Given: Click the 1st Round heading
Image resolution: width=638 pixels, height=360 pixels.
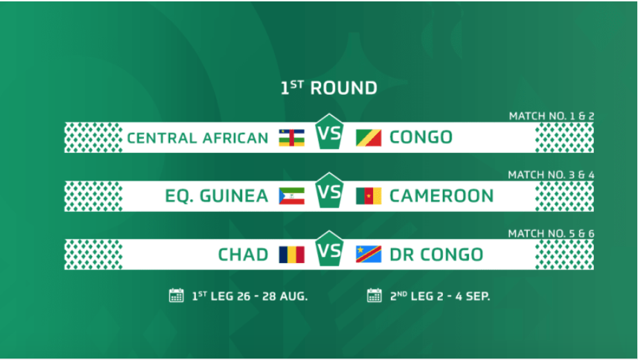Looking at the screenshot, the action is pos(329,88).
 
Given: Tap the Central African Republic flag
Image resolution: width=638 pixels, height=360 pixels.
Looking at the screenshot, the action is pos(292,138).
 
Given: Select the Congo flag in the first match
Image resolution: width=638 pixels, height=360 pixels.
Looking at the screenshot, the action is pos(369,138).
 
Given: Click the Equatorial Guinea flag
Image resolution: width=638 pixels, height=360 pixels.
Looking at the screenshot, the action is pos(292,196).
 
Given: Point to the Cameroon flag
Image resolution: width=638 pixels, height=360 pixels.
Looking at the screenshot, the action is pos(369,196).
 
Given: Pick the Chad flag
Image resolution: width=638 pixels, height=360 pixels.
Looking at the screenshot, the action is pos(292,255).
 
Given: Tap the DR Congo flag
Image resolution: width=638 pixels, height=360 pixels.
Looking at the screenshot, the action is pos(369,255).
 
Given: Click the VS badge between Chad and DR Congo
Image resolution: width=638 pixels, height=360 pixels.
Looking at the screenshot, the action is pos(329,249).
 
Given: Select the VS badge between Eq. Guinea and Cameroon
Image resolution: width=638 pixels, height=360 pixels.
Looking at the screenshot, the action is pos(329,190).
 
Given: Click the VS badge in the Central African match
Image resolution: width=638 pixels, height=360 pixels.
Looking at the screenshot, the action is pos(329,132).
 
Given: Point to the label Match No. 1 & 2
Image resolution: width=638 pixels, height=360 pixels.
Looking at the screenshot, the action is pos(552,116).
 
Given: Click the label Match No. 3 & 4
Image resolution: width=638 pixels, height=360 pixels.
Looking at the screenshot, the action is pos(551,174).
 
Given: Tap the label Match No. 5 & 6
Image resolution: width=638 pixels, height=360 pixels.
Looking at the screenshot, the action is pos(551,233).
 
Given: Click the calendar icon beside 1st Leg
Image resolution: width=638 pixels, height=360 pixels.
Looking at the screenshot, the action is pos(176,295).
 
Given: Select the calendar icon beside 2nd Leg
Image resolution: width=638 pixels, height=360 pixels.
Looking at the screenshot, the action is pos(374,295).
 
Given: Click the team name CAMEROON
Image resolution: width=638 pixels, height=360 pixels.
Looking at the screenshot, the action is pos(441,196).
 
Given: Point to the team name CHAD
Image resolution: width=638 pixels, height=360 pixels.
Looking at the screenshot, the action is pos(243,255).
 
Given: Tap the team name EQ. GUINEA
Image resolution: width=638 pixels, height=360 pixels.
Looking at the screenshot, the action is pos(217,197).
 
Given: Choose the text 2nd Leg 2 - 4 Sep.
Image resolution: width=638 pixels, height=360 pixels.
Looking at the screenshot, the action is pos(440,296).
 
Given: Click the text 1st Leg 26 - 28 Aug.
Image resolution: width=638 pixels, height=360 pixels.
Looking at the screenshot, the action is pos(249,296).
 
